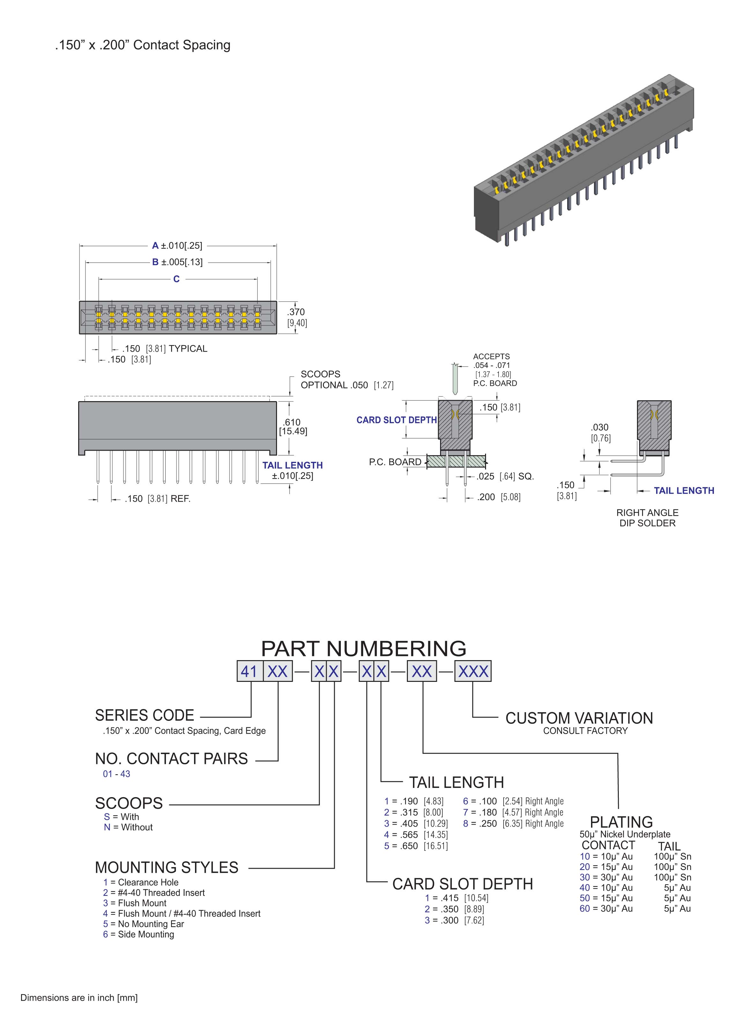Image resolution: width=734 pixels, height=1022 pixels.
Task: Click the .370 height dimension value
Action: point(296,312)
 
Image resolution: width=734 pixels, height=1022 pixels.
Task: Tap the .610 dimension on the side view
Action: point(292,422)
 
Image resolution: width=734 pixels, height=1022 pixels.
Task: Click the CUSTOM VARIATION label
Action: point(579,718)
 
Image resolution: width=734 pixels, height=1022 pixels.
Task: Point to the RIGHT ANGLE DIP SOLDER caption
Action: point(647,518)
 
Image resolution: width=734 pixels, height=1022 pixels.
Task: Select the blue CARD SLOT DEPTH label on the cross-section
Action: point(396,420)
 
